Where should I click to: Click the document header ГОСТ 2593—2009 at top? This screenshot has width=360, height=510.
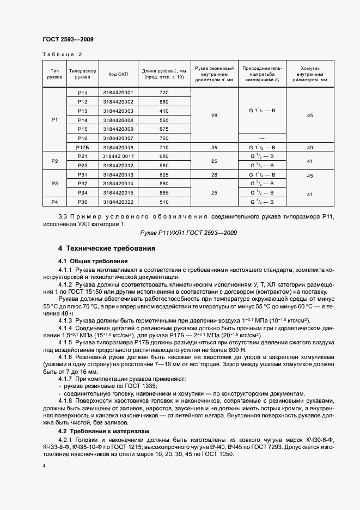click(68, 39)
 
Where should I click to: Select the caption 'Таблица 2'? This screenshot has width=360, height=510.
click(62, 54)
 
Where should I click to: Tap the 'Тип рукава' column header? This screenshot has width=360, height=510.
click(54, 74)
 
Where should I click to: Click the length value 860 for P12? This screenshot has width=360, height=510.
click(164, 102)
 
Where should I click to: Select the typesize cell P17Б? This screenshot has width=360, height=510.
click(83, 147)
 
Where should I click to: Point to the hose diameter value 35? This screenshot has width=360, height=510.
click(214, 147)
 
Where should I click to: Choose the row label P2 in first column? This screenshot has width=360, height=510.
click(54, 161)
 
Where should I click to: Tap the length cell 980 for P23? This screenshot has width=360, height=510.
click(164, 165)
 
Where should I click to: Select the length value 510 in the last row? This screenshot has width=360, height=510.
click(164, 202)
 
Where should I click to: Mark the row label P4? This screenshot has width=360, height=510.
click(54, 202)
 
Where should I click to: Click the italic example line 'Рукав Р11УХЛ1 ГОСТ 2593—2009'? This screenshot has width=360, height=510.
click(192, 233)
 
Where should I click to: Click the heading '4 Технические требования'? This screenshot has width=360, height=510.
click(107, 248)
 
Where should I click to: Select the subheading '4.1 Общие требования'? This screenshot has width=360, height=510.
click(92, 261)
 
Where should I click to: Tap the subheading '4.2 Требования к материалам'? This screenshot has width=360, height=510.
click(102, 430)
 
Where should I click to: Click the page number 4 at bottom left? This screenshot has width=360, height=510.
click(44, 466)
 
